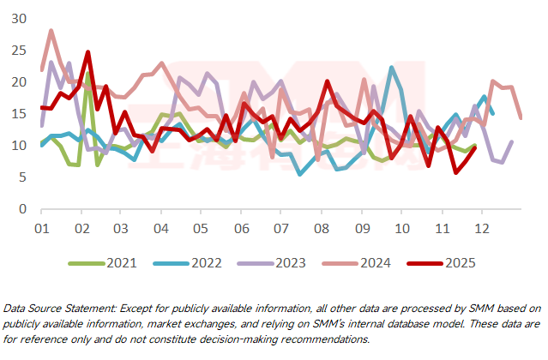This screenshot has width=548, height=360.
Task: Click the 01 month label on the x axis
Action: [40, 230]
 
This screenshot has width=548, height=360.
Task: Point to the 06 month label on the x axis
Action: [241, 230]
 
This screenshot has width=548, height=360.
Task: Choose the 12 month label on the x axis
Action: [481, 230]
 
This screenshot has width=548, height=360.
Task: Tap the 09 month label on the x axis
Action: [361, 230]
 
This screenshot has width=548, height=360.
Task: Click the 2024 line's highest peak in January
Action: [51, 31]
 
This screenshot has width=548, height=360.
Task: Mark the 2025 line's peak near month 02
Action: [87, 52]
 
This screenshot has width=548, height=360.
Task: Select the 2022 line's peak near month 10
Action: [392, 68]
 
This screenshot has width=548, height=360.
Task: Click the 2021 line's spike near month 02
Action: [88, 74]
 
